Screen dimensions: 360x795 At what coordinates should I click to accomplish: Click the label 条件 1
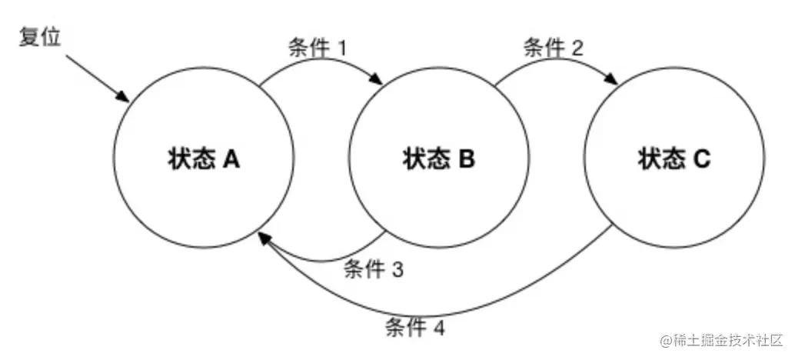pos(316,48)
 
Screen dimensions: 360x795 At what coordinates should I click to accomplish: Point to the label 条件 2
pos(553,48)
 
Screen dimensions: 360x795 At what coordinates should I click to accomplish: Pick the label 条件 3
pos(373,269)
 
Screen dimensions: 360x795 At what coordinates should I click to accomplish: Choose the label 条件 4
pos(414,328)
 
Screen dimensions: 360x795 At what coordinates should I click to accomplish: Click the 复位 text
pos(38,37)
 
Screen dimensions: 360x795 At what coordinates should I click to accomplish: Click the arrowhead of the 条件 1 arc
pos(380,81)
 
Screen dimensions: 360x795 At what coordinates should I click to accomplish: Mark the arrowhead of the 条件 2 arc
pos(616,81)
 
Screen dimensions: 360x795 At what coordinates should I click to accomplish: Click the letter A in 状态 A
pos(231,159)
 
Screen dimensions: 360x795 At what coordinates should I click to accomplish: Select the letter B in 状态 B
pos(467,159)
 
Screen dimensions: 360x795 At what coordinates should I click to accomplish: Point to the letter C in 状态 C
pos(702,159)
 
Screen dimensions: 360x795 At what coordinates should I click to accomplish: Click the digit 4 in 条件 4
pos(438,328)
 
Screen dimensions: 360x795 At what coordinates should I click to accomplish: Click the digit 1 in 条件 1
pos(342,48)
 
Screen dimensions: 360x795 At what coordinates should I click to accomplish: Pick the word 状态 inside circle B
pos(425,159)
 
